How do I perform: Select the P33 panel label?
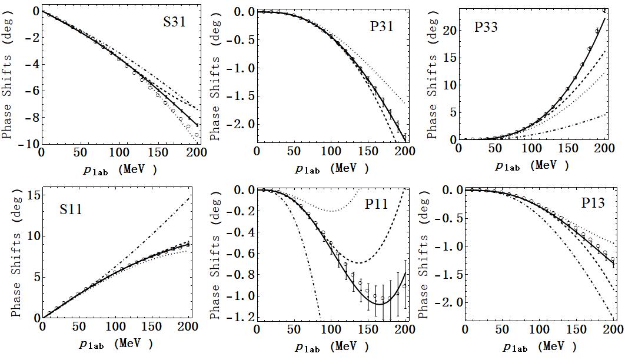tap(487, 27)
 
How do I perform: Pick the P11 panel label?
tap(377, 204)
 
